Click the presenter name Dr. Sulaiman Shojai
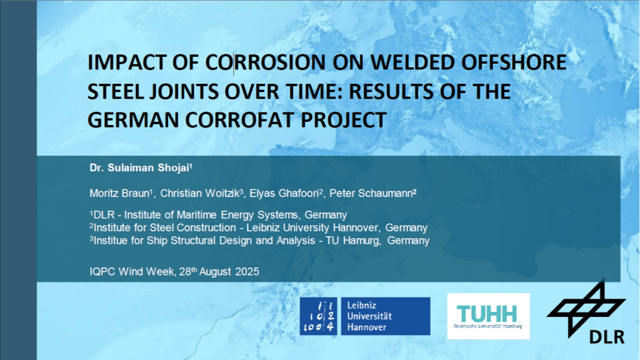click(141, 167)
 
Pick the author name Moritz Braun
click(119, 194)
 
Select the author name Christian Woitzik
click(199, 194)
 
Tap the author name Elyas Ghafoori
click(284, 194)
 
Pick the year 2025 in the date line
click(247, 272)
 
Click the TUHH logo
click(488, 316)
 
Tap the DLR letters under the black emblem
click(606, 337)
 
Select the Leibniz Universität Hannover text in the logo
click(369, 316)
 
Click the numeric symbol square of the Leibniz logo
click(318, 316)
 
